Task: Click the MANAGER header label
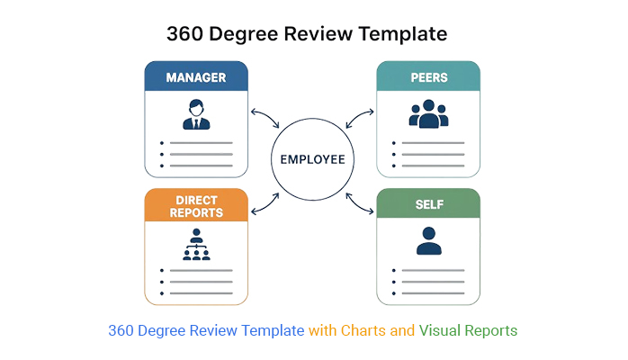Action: (x=196, y=77)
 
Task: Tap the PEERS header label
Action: (x=428, y=77)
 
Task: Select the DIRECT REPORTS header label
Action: (x=196, y=206)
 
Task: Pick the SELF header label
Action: (x=428, y=205)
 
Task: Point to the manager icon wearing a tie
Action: (x=196, y=115)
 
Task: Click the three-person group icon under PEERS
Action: (x=428, y=114)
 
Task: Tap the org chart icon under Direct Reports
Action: (x=196, y=245)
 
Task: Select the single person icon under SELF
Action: (x=428, y=242)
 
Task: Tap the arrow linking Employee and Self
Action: (x=361, y=203)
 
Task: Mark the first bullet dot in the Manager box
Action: (x=160, y=143)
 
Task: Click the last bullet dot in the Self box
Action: (x=392, y=293)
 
